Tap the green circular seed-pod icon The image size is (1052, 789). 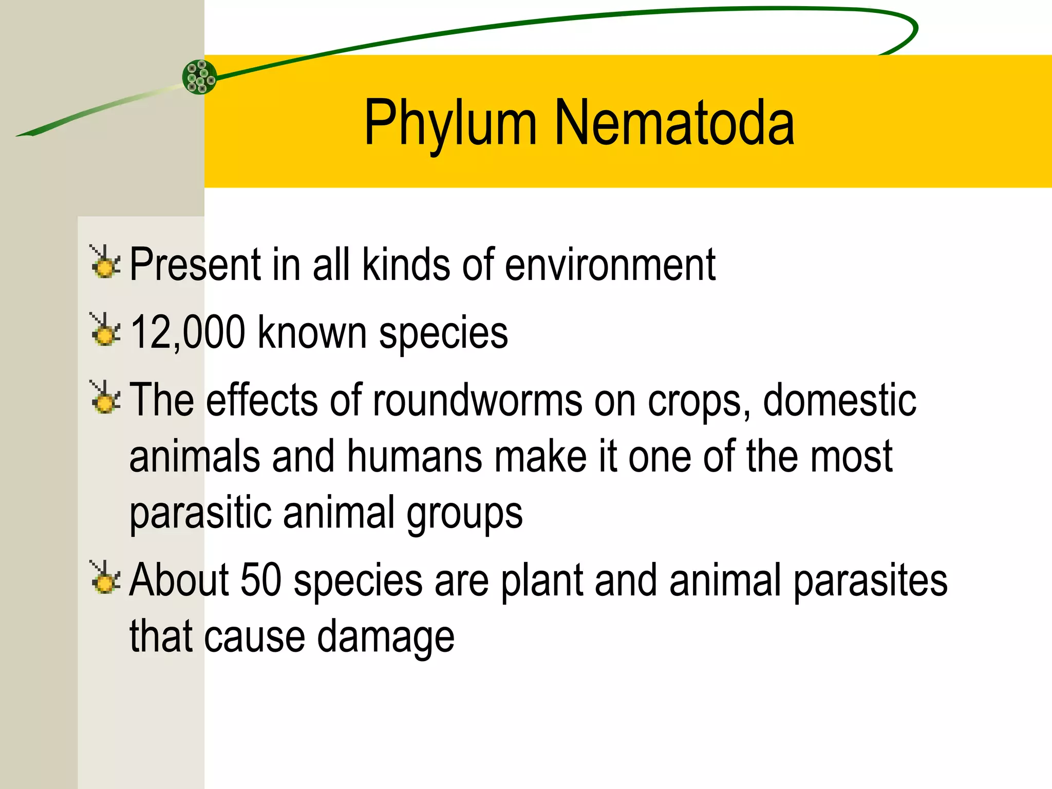coord(200,77)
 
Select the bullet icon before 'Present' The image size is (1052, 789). coord(105,262)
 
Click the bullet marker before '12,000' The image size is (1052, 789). coord(105,330)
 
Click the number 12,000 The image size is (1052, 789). coord(187,332)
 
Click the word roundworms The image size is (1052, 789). coord(477,400)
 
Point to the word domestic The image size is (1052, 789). coord(839,400)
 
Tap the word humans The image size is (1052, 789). coord(415,456)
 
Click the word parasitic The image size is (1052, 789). coord(200,513)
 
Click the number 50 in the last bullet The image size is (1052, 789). coord(261,579)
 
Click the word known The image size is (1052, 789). coord(312,332)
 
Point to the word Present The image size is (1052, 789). coord(195,264)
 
